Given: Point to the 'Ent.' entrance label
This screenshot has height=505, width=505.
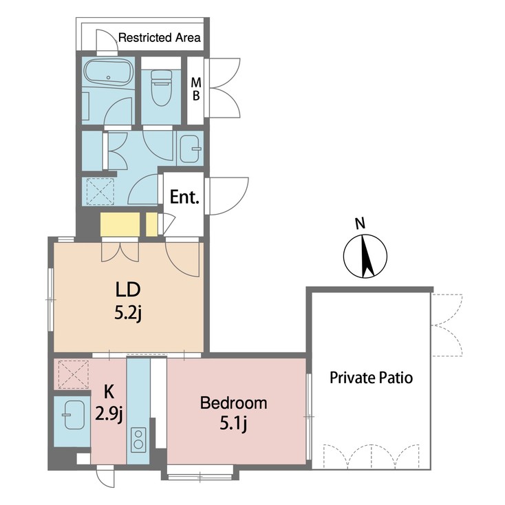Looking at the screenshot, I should click(184, 198).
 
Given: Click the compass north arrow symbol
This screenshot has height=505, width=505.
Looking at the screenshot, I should click(363, 256).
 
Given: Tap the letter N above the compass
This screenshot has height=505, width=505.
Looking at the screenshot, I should click(359, 223).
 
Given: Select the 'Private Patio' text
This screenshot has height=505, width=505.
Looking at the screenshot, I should click(371, 378).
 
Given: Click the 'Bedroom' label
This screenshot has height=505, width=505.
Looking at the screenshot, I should click(233, 402).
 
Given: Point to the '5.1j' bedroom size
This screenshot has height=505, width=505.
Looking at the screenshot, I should click(233, 422).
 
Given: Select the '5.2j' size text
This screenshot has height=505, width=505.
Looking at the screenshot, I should click(128, 313).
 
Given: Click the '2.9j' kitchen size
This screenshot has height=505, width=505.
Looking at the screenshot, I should click(109, 413).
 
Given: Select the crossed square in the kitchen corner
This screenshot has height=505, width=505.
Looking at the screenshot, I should click(72, 374).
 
